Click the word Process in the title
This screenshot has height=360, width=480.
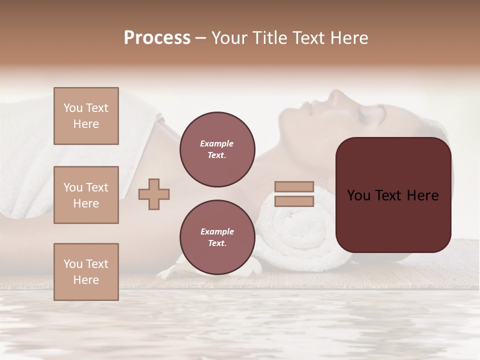click(x=157, y=38)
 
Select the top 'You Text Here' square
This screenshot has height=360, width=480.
click(x=86, y=116)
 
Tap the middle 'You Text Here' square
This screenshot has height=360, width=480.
click(x=86, y=195)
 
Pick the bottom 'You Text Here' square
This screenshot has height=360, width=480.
click(x=86, y=272)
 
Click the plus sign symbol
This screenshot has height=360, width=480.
click(x=154, y=194)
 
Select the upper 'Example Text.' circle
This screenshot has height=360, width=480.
click(x=217, y=149)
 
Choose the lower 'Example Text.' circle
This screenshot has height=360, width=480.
click(x=217, y=237)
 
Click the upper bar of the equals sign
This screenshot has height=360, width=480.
click(x=294, y=187)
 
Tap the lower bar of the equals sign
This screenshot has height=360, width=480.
click(x=294, y=201)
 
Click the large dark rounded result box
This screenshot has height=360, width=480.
click(x=393, y=220)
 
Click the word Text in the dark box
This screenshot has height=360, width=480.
click(x=393, y=195)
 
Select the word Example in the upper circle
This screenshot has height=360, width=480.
click(x=217, y=144)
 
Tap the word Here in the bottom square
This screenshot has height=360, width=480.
click(x=86, y=280)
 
